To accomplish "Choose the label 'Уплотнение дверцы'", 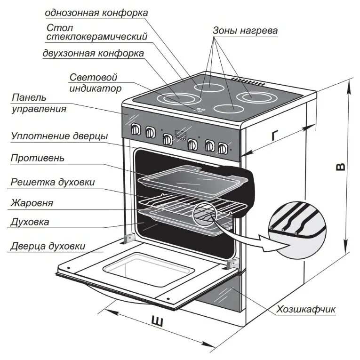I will pos(59,136).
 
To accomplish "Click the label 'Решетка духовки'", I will pos(53,182).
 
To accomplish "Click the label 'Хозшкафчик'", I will pos(306,309).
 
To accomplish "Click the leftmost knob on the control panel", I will pos(136,129).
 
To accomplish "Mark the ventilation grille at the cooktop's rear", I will pos(247,81).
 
